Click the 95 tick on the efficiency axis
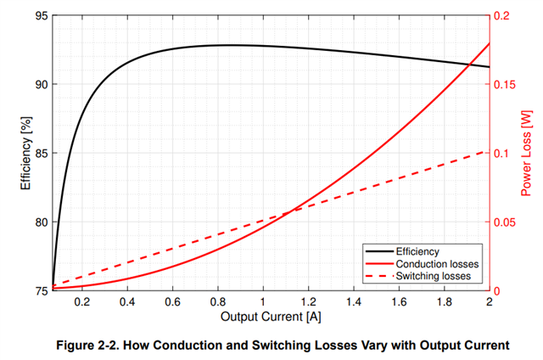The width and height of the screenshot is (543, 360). [x=40, y=16]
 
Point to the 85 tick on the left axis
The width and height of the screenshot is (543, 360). [x=40, y=154]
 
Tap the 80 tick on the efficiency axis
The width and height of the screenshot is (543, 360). [x=40, y=222]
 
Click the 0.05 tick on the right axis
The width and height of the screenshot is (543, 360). [x=507, y=222]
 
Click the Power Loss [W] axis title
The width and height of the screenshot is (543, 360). [x=525, y=154]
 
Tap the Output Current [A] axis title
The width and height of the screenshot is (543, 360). [x=271, y=317]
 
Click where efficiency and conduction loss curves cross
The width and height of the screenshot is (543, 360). [x=470, y=64]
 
